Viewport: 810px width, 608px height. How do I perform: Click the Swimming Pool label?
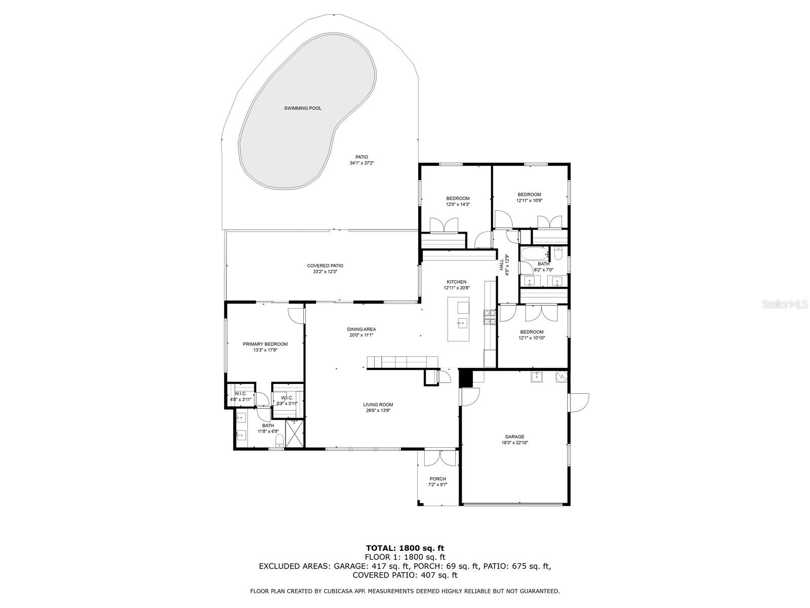[x=303, y=108]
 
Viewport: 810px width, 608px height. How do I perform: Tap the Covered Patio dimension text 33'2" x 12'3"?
[x=325, y=272]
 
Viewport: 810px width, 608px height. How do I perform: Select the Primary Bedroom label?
[x=265, y=344]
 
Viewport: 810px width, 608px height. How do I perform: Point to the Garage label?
[x=514, y=437]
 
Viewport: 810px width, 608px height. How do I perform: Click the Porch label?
[x=438, y=479]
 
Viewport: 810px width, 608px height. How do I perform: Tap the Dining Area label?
[x=361, y=329]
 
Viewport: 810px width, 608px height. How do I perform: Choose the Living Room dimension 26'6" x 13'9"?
[x=378, y=411]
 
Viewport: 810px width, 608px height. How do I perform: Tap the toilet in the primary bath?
[x=279, y=444]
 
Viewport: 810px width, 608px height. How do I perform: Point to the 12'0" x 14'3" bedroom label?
[x=458, y=199]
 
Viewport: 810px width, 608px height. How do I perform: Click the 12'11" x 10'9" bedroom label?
[x=529, y=195]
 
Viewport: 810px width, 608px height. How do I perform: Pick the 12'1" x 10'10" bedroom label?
[x=532, y=332]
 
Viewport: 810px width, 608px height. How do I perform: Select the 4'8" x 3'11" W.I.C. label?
[x=240, y=394]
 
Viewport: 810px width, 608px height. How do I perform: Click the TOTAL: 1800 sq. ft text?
[x=405, y=548]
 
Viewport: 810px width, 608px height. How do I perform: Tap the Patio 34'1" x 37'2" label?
[x=361, y=157]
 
